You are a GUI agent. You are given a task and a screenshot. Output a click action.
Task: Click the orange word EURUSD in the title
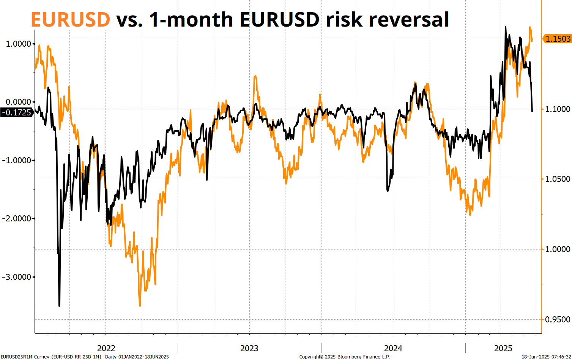coord(70,20)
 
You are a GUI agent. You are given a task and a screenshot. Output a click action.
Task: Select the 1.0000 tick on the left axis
coord(18,44)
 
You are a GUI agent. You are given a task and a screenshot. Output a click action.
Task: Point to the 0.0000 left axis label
coord(18,102)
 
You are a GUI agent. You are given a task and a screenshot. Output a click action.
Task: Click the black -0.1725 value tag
coord(16,112)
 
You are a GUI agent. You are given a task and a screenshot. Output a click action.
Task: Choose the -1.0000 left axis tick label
coord(17,160)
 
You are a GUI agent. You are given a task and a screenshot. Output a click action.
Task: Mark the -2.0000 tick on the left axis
coord(17,218)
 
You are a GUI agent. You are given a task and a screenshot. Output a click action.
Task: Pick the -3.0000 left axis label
coord(17,277)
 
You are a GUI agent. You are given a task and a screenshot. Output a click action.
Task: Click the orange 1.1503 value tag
coord(558,39)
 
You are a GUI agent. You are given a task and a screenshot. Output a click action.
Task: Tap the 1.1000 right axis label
coord(558,109)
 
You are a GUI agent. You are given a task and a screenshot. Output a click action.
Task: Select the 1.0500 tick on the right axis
coord(558,179)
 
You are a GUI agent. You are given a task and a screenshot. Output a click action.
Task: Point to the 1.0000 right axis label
coord(558,249)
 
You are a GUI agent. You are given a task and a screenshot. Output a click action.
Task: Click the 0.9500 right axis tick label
coord(558,319)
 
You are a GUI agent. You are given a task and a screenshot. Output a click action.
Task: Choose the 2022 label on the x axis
coord(106,348)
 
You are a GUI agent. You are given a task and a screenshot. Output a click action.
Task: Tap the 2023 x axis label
coord(249,348)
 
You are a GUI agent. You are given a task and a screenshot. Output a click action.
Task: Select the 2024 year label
coord(393,348)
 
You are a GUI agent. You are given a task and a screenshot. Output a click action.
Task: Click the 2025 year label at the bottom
coord(503,348)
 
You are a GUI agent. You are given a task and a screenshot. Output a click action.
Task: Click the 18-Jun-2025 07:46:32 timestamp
coord(546,357)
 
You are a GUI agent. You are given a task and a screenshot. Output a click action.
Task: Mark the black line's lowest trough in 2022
coord(59,305)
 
